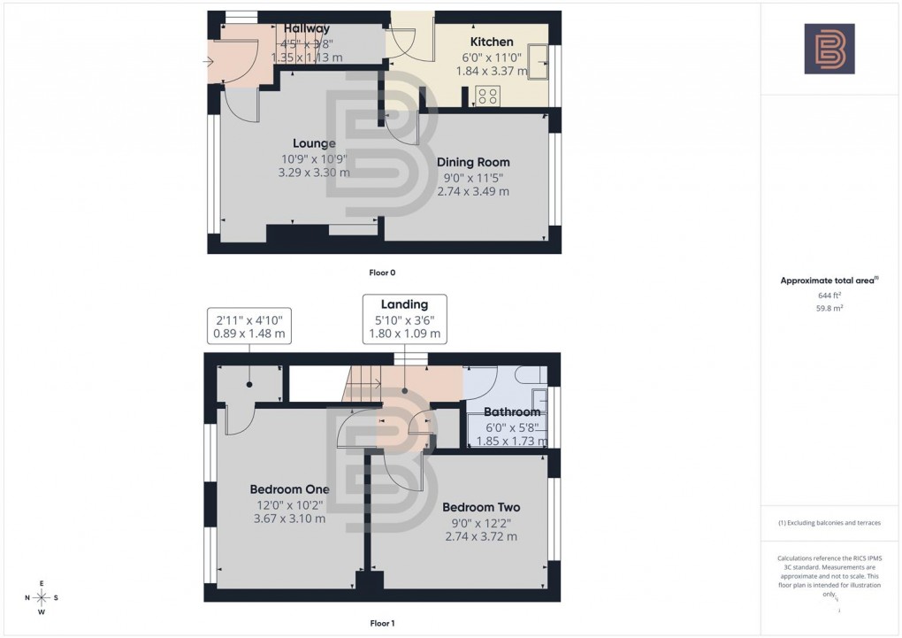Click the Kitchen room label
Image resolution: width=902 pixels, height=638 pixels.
click(492, 42)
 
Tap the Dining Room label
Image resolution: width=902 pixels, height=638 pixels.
click(473, 162)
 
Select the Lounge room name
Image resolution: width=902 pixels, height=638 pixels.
click(314, 143)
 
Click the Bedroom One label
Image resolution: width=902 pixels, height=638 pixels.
click(289, 489)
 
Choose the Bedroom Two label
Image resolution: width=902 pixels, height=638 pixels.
click(481, 507)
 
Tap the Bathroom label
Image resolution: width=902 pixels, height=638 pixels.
click(512, 412)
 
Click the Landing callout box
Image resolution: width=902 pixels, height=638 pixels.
click(404, 319)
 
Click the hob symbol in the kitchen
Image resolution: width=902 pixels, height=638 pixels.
click(488, 94)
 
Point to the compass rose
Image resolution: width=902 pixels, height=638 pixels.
click(41, 598)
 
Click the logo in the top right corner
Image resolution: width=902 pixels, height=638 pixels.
click(829, 49)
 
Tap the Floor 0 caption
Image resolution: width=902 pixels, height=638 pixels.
click(381, 273)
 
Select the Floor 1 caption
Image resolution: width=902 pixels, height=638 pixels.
click(381, 623)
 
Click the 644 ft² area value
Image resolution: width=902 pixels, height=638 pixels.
click(829, 296)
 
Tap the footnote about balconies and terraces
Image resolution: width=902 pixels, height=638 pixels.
click(829, 523)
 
